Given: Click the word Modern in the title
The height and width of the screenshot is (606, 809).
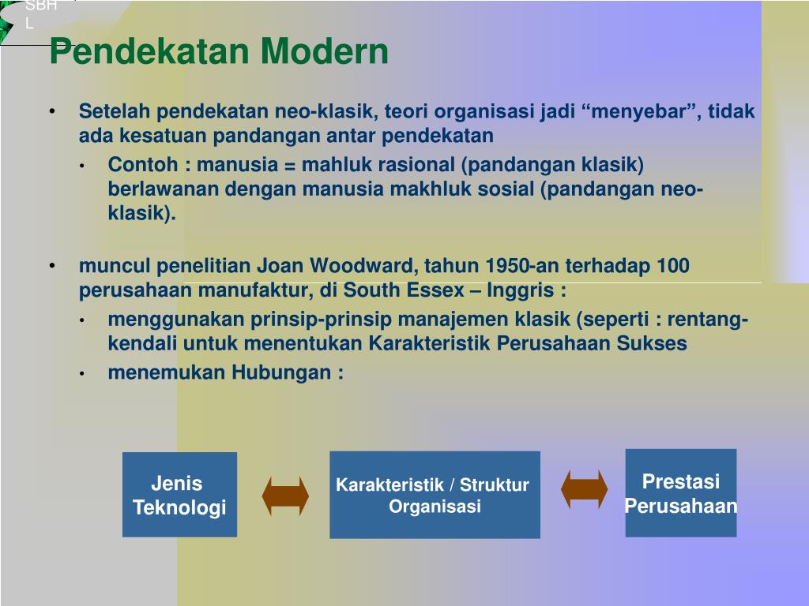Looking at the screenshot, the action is (324, 51).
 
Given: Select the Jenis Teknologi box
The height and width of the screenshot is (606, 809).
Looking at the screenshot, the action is (179, 495).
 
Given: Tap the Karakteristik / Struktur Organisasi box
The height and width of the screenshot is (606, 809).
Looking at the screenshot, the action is (435, 495).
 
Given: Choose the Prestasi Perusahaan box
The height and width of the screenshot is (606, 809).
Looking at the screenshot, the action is (681, 493).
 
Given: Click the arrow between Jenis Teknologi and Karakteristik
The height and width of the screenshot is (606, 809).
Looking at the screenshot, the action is (285, 496).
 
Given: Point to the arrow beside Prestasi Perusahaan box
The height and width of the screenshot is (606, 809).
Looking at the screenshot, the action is (584, 489).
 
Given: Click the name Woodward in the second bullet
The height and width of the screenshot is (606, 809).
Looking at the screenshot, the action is (363, 266).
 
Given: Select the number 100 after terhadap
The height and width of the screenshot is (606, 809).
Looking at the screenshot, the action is (673, 266).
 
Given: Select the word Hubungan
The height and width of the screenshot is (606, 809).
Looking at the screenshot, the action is (281, 373).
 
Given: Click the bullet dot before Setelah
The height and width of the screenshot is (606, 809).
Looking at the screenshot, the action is (52, 111).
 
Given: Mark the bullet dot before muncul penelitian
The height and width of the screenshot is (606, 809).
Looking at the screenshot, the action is (52, 266).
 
